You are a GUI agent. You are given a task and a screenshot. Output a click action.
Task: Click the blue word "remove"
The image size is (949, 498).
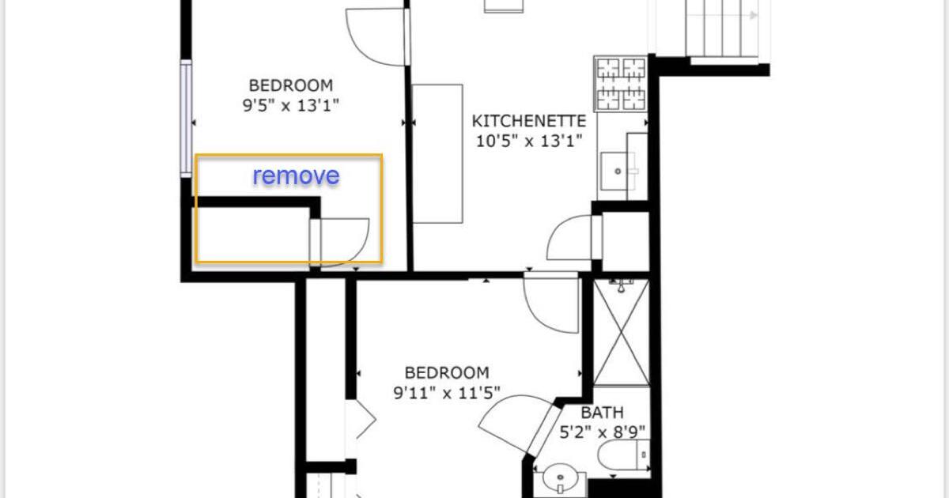(296, 175)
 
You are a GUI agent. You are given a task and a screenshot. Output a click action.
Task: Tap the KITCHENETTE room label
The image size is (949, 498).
(528, 122)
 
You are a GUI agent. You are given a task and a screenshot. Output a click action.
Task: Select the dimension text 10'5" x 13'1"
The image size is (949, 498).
(528, 141)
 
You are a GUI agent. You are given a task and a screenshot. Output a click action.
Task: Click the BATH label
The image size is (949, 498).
(602, 413)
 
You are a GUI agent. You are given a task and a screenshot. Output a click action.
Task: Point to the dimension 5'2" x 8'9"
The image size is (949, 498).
(603, 432)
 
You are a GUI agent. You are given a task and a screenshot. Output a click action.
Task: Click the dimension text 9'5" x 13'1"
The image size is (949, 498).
(291, 104)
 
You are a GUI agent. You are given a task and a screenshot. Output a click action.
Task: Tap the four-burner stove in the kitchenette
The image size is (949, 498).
(621, 83)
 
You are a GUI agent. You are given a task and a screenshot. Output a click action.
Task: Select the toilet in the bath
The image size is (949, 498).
(623, 457)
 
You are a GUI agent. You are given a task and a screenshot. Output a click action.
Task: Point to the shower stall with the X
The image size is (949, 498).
(621, 333)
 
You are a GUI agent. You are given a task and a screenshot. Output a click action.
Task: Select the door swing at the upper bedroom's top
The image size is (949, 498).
(376, 38)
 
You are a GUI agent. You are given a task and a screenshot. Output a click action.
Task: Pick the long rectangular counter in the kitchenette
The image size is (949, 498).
(437, 153)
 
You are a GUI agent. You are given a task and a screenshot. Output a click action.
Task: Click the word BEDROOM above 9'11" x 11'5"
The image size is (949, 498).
(447, 372)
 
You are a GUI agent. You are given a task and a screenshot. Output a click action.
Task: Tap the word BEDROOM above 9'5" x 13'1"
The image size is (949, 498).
(291, 85)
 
